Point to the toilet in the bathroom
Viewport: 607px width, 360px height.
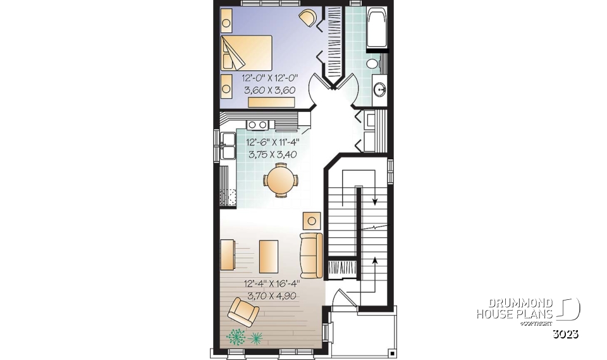(373, 63)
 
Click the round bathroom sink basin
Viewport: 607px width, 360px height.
(380, 89)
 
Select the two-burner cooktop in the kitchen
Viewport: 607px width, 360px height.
(257, 125)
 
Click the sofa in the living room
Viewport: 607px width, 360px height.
(310, 255)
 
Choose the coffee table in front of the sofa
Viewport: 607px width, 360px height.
(269, 255)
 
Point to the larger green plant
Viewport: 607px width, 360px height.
(236, 337)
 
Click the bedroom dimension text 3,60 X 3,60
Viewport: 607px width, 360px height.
(269, 89)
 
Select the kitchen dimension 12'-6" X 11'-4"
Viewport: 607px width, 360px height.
(273, 143)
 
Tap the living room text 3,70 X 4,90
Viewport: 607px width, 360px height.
(271, 295)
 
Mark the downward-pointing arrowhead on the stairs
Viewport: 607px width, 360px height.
(374, 202)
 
